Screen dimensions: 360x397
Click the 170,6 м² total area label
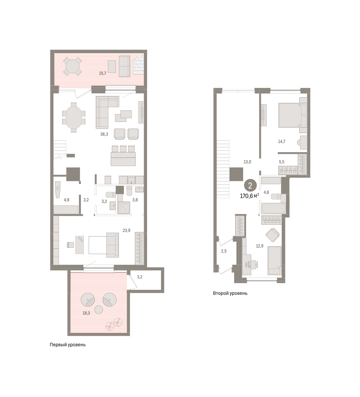249,196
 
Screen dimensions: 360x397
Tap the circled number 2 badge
250,186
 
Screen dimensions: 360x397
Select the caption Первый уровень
68,345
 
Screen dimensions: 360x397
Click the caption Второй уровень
230,293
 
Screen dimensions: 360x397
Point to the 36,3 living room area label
104,134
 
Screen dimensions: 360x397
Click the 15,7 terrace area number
103,73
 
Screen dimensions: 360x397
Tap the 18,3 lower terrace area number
86,313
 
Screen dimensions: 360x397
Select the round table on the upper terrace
73,66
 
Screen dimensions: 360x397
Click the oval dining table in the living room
74,117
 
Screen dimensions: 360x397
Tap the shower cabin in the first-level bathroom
124,208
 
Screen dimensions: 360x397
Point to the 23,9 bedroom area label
127,230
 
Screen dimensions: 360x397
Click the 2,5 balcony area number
224,251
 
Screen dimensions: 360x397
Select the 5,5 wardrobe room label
282,162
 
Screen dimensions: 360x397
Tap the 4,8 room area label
66,200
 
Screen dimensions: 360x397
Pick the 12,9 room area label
260,246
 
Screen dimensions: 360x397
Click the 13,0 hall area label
247,162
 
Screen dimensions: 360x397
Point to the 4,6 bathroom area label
266,192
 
